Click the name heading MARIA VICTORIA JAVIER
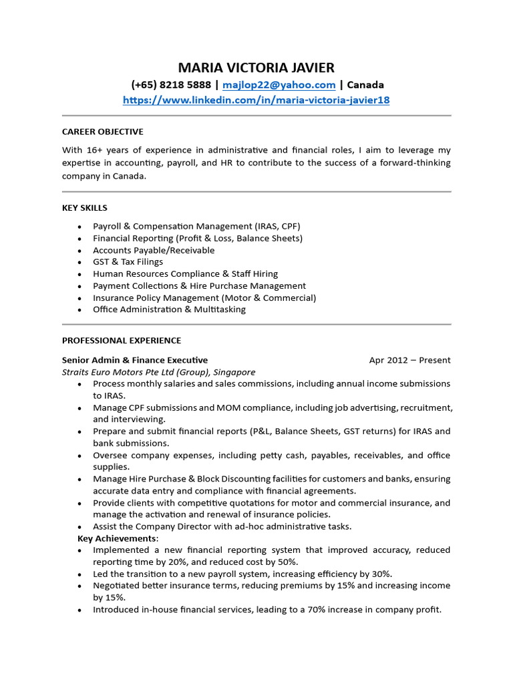pos(256,67)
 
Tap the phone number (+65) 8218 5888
pos(171,85)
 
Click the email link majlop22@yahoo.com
pos(279,85)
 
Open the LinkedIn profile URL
pos(256,100)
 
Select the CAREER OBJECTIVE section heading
pos(102,131)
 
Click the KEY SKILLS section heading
pos(84,207)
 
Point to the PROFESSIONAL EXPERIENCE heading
pos(121,340)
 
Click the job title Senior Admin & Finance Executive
pos(134,360)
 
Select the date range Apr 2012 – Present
pos(409,360)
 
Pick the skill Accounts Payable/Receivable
pos(154,250)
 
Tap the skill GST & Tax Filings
pos(128,262)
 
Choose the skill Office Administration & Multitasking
pos(169,309)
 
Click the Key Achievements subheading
pos(118,538)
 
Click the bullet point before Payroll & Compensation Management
pos(80,227)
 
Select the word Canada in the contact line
pos(366,85)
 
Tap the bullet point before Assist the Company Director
pos(80,527)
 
